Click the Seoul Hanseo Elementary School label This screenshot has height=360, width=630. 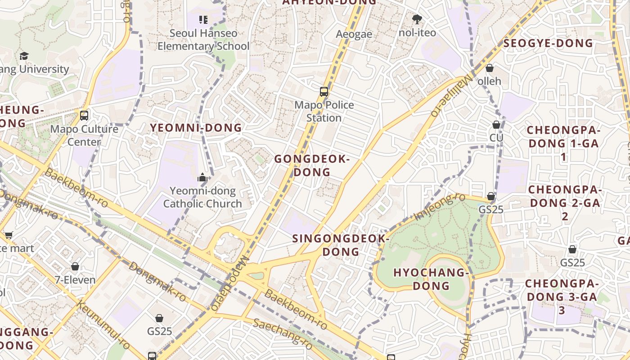[x=203, y=40]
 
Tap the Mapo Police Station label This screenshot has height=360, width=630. [x=324, y=111]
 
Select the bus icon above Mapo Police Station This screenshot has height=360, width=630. [x=324, y=92]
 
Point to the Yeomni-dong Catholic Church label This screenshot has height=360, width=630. [x=202, y=197]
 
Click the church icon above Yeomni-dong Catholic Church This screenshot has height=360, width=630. [x=202, y=178]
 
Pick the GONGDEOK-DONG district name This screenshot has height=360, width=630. [x=312, y=165]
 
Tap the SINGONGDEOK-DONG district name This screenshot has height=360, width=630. [x=340, y=245]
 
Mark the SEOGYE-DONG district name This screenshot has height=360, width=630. [x=549, y=43]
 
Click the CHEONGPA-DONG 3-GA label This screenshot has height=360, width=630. [x=562, y=297]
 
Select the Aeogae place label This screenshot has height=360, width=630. [x=354, y=34]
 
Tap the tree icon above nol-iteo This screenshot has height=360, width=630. [x=417, y=19]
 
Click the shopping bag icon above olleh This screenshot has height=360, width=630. [x=489, y=68]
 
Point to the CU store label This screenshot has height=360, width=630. [x=496, y=137]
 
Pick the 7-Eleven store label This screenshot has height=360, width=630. [x=75, y=280]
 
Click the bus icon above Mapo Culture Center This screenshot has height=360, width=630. [x=84, y=115]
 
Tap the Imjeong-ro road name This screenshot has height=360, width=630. [x=439, y=207]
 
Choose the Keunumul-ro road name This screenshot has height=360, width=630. [x=103, y=324]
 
